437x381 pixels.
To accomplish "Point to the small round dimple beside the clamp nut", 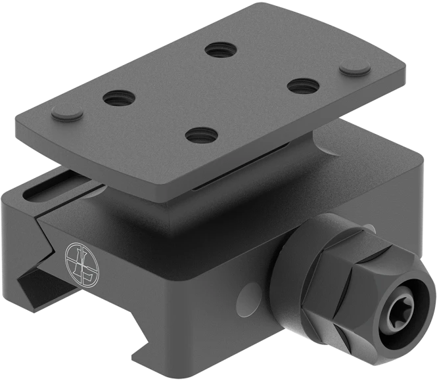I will tap(250, 291).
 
